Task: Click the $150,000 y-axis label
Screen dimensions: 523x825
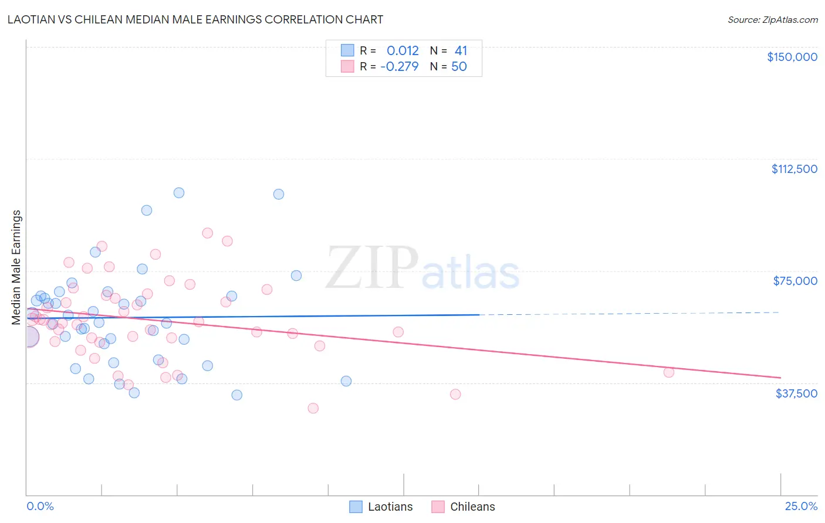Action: pos(792,57)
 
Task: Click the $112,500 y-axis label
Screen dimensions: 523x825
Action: pos(794,169)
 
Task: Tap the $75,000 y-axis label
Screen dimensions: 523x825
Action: pos(795,281)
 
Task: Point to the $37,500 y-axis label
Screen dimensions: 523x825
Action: pos(796,393)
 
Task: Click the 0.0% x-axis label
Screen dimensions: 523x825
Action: pos(40,506)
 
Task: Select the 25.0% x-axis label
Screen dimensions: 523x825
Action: pos(801,506)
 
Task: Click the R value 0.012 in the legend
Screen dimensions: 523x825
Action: pos(403,50)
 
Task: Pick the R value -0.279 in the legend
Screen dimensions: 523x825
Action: pos(400,66)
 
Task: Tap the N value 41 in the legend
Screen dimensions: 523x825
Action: pos(461,50)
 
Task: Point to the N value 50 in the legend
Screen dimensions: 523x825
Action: pos(459,66)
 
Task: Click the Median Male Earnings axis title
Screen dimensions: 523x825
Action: pos(16,267)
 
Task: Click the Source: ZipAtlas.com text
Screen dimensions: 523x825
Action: pos(772,19)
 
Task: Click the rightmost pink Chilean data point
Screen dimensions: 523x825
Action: pos(668,372)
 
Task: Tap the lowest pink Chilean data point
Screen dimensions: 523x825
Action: pos(313,408)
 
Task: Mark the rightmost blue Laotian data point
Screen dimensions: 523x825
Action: pos(346,381)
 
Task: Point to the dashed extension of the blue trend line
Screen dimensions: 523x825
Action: pos(628,314)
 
